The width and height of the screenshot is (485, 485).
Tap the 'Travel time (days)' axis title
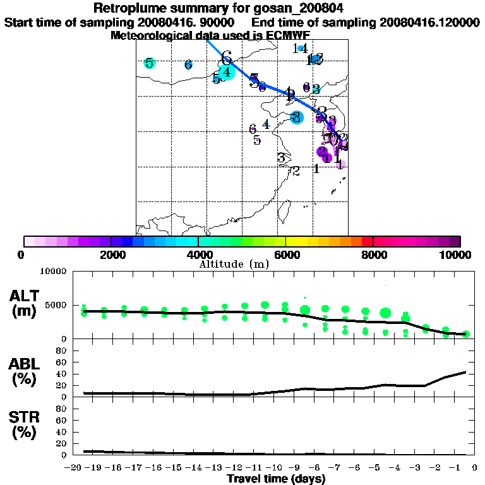(276, 479)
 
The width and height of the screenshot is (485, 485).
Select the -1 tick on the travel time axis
(456, 468)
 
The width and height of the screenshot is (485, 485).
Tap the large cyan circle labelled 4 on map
(226, 71)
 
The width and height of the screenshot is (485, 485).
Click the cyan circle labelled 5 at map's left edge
(149, 63)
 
